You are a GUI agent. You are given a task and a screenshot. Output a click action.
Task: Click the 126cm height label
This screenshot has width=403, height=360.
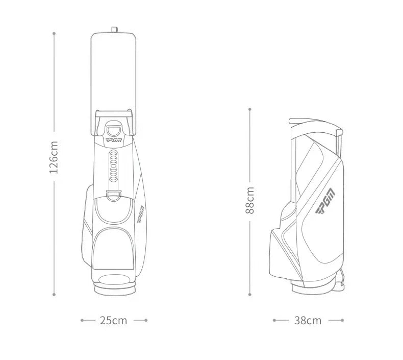[54, 157]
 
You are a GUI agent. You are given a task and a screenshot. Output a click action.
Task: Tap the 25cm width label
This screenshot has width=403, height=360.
[113, 320]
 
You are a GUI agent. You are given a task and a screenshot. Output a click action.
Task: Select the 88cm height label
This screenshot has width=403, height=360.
[250, 200]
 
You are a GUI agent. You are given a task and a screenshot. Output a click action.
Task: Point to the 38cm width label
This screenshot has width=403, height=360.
[308, 320]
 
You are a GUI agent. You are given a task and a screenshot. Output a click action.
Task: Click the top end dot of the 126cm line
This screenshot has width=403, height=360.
[54, 33]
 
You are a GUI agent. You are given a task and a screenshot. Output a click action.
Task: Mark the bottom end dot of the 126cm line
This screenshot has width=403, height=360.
[54, 294]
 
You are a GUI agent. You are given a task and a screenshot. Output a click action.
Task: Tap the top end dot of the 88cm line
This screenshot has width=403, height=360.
[250, 109]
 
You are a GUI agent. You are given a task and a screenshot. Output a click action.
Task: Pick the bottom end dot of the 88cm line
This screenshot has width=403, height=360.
[250, 294]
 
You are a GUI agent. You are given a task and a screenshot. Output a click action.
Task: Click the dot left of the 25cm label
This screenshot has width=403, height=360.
[82, 320]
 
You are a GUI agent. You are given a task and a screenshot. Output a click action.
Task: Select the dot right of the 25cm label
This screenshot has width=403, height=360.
[146, 320]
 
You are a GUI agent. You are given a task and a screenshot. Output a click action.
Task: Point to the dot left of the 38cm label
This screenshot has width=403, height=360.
[274, 320]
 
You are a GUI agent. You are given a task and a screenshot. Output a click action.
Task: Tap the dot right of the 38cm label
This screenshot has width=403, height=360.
[342, 320]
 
